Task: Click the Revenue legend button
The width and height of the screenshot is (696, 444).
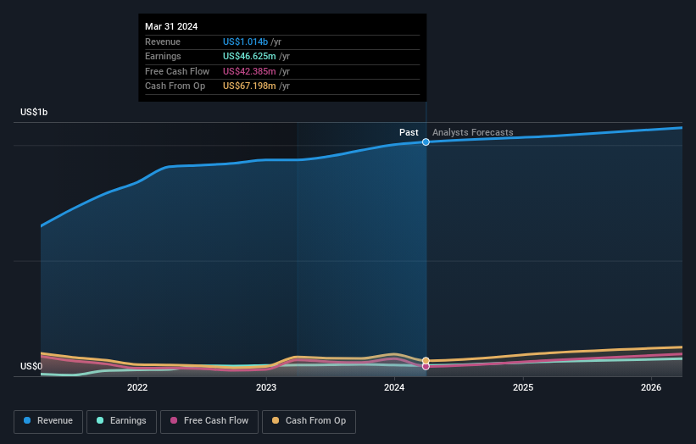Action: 48,421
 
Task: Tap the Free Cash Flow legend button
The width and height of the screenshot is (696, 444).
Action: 209,421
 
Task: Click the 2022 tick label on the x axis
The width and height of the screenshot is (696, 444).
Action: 137,388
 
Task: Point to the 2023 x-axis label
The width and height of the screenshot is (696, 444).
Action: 266,388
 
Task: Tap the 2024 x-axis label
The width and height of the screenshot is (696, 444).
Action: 394,388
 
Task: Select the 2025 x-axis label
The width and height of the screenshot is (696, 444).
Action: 523,388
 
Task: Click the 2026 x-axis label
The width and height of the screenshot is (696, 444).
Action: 651,388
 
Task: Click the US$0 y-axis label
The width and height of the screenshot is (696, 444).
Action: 31,367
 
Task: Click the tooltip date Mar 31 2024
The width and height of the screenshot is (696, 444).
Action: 171,26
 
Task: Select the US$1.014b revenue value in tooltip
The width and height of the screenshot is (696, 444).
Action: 245,42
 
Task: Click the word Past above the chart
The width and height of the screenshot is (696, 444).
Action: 409,133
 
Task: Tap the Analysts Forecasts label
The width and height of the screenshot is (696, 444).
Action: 472,133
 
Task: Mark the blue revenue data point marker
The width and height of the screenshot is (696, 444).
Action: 426,142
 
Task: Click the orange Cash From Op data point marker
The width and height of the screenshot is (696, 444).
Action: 426,360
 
